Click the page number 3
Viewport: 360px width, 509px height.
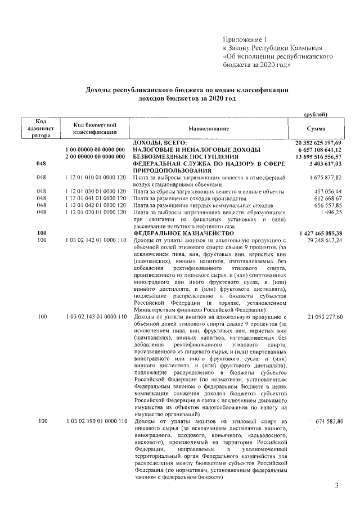click(x=336, y=485)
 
